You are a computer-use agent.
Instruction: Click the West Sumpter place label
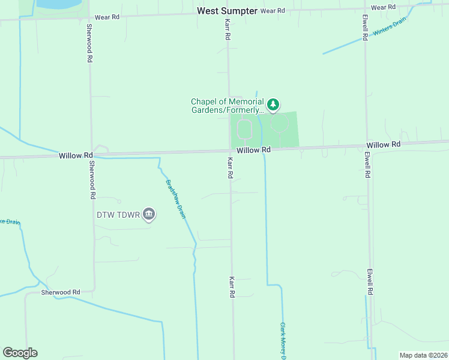click(x=228, y=11)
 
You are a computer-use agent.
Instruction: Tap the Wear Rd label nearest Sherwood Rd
click(x=106, y=17)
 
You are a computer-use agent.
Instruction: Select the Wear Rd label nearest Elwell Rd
click(x=383, y=7)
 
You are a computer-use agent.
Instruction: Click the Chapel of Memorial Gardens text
click(x=227, y=106)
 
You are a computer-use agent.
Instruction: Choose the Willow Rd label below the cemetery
click(x=253, y=149)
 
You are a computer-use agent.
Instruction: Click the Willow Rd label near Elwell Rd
click(x=383, y=145)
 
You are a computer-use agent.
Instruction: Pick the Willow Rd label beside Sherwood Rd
click(x=76, y=155)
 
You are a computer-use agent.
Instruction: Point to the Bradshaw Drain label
click(x=175, y=199)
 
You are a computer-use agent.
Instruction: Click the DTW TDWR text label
click(x=118, y=214)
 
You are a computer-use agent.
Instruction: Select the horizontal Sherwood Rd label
click(x=61, y=292)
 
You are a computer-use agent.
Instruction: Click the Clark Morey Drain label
click(x=283, y=341)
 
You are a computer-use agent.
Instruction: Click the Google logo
click(x=20, y=353)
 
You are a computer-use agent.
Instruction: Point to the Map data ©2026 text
click(x=423, y=355)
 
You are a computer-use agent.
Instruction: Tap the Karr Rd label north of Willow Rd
click(x=228, y=29)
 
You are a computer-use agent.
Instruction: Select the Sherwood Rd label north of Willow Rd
click(x=89, y=44)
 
